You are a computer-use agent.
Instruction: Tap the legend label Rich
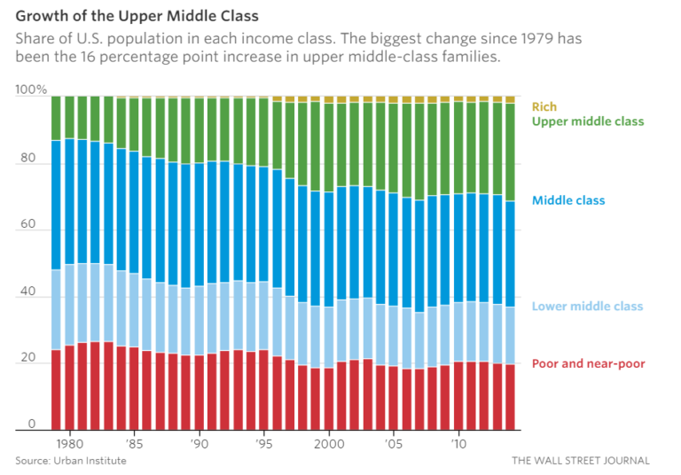[x=544, y=106]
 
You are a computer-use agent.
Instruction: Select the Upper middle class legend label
[x=588, y=121]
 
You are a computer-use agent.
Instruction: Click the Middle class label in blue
[x=568, y=200]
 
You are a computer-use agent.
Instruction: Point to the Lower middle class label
[x=587, y=307]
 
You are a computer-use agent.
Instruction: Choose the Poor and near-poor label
[x=588, y=363]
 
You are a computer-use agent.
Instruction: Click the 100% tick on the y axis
[x=32, y=90]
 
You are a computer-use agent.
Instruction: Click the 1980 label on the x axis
[x=69, y=442]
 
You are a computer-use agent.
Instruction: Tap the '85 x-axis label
[x=134, y=442]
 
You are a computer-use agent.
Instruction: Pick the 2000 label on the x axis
[x=329, y=442]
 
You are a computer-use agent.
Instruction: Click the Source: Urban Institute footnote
[x=71, y=461]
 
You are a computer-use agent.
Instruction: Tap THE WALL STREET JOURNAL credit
[x=580, y=461]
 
